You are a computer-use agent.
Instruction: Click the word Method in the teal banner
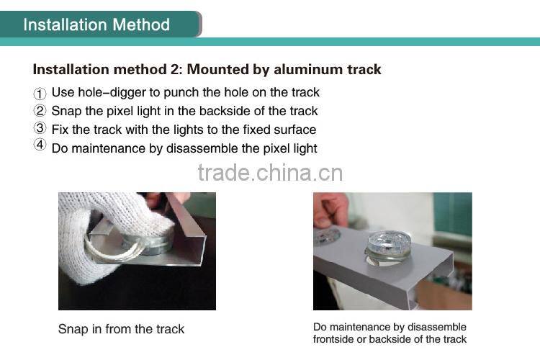click(141, 24)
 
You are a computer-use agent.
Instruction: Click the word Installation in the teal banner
click(66, 24)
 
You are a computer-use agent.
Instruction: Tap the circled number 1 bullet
click(40, 94)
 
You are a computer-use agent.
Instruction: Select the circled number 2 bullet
click(40, 111)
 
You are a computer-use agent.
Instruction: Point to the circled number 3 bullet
click(40, 128)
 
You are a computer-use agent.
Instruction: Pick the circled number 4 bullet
click(40, 145)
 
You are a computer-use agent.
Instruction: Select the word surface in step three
click(294, 130)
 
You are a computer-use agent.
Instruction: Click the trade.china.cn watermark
click(270, 173)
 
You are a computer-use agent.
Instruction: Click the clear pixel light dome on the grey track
click(389, 246)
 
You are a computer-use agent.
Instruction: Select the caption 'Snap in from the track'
click(121, 329)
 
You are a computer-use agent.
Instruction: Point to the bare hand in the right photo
click(330, 210)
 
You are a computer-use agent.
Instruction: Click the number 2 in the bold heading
click(174, 70)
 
